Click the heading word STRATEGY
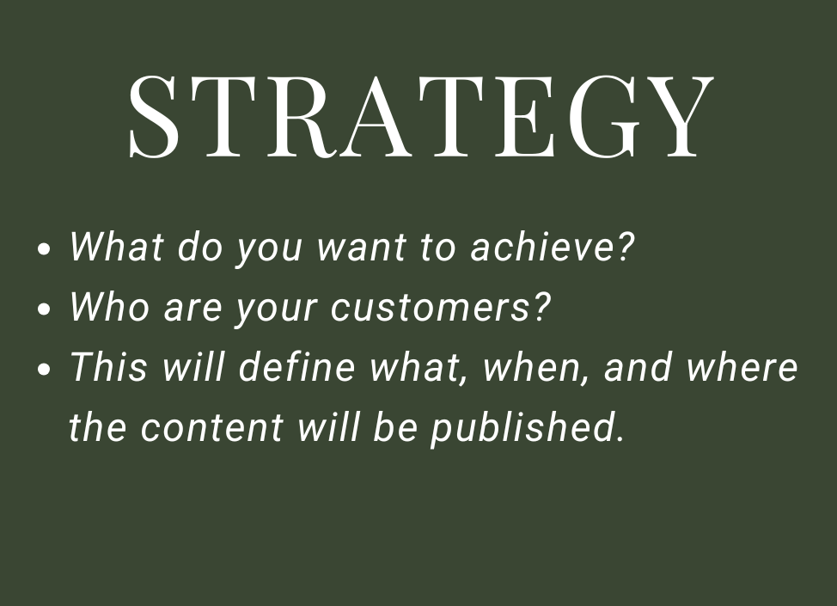(419, 117)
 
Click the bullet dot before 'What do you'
(46, 251)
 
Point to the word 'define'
(296, 367)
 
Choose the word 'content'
(211, 428)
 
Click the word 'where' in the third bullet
(742, 367)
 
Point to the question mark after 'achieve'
(626, 247)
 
